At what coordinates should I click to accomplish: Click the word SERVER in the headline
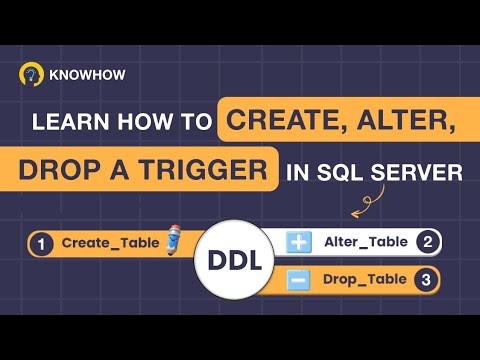(419, 173)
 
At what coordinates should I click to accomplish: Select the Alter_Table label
(366, 241)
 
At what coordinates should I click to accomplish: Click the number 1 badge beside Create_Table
(42, 243)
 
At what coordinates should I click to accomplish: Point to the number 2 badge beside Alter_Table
(427, 241)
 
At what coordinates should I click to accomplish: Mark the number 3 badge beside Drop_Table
(427, 280)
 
